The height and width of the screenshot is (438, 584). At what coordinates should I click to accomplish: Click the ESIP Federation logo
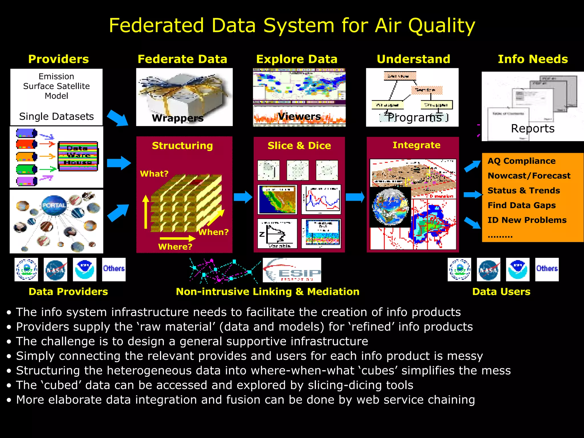[x=292, y=270]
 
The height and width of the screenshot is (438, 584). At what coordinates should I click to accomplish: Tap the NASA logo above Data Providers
[x=55, y=269]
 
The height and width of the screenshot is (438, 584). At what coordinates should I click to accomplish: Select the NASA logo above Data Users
[x=488, y=269]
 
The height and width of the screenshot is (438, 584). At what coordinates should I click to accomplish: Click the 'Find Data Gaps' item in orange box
[x=522, y=205]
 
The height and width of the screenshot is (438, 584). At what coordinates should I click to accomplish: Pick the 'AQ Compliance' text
[x=521, y=161]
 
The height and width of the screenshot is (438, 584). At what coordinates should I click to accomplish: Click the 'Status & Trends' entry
[x=524, y=190]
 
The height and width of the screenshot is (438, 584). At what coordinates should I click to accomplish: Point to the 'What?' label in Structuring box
[x=154, y=174]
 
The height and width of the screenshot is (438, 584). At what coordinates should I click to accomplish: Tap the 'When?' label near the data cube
[x=213, y=232]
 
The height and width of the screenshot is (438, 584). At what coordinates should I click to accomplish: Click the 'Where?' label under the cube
[x=175, y=246]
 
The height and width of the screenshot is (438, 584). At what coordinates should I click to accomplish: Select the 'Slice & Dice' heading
[x=299, y=146]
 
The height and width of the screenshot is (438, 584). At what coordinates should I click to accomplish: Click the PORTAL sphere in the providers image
[x=54, y=205]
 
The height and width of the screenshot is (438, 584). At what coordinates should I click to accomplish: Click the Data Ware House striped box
[x=78, y=156]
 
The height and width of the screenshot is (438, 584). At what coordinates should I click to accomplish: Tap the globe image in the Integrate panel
[x=390, y=207]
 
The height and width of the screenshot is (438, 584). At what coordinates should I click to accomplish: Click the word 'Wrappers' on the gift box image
[x=178, y=118]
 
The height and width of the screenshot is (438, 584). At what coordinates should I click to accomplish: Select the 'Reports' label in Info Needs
[x=532, y=128]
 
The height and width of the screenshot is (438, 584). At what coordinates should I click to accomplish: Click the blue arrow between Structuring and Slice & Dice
[x=243, y=197]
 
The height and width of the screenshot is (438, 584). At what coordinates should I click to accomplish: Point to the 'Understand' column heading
[x=413, y=59]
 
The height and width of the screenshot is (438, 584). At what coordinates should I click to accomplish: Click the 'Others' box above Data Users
[x=547, y=269]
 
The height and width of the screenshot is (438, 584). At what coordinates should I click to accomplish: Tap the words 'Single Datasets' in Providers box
[x=56, y=116]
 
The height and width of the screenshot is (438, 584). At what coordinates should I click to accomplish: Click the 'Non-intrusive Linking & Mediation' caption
[x=267, y=291]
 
